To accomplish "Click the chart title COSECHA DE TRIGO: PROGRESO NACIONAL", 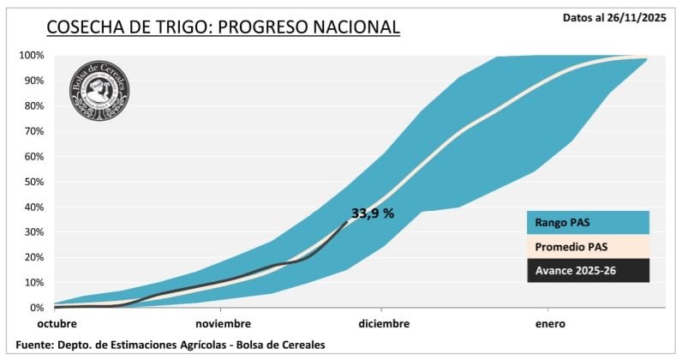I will click(x=223, y=27).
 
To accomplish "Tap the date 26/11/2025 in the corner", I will click(x=638, y=16).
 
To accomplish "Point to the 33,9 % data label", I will click(x=373, y=213).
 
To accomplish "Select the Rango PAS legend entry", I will click(x=587, y=222).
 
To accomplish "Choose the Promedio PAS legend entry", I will click(x=587, y=247).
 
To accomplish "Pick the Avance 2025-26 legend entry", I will click(x=587, y=271).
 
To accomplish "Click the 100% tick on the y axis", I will click(x=31, y=56).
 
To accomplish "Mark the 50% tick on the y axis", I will click(x=33, y=182).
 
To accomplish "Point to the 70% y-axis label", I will click(x=33, y=131).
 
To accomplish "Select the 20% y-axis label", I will click(x=33, y=257).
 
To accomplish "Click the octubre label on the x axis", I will click(x=57, y=324).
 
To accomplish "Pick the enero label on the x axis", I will click(x=550, y=324).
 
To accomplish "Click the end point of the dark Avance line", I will click(x=346, y=222).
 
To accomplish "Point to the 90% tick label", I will click(x=33, y=81).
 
